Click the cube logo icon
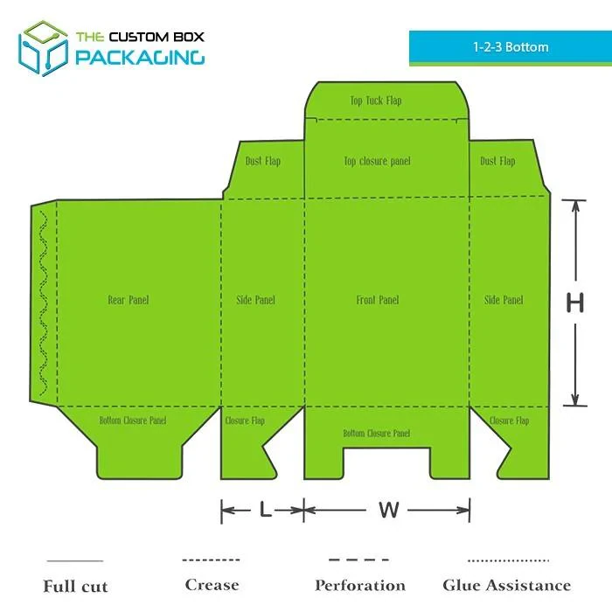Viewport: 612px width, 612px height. coord(44,48)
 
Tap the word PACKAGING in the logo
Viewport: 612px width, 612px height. coord(140,57)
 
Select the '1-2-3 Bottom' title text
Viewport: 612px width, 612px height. coord(511,47)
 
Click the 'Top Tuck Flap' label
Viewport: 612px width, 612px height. coord(376,101)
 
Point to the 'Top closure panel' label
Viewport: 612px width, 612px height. coord(377,161)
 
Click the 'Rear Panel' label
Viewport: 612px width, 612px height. coord(129,300)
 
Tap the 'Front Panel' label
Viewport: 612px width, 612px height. coord(378,300)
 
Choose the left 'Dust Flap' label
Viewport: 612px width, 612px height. coord(263,161)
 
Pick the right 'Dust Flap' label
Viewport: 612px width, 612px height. coord(497,161)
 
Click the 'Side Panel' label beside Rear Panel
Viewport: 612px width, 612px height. coord(255,300)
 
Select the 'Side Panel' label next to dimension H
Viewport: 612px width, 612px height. coord(504,300)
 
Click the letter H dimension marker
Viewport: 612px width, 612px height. coord(575,303)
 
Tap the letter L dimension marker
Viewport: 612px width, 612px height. coord(266,510)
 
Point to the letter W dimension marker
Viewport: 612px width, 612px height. coord(389,510)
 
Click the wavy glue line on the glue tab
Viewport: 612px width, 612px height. coord(44,303)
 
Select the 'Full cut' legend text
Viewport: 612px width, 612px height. coord(75,587)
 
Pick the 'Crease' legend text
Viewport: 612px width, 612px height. coord(212,585)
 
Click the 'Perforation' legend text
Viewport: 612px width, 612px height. coord(360,586)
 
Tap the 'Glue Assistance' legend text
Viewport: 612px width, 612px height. coord(506,586)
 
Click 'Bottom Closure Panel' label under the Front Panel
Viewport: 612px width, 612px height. coord(377,434)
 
